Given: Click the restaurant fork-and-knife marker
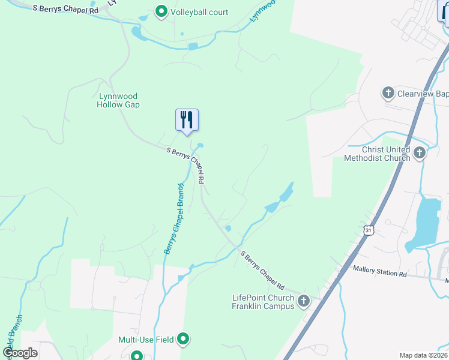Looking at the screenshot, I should tap(187, 119).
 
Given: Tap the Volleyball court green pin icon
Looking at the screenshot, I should tap(161, 11).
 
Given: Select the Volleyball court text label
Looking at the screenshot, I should tap(199, 12).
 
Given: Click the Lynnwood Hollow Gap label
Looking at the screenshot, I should tap(118, 100).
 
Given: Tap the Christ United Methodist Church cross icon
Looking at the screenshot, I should tap(420, 153).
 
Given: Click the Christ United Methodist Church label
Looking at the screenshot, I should tap(377, 154).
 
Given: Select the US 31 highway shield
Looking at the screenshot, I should tap(368, 230).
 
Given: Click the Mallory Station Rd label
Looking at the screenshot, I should tap(379, 272).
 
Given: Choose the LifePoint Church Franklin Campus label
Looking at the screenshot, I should tap(264, 302).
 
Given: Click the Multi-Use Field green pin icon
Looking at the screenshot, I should tap(184, 340).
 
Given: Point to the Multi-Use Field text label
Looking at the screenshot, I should tap(146, 340).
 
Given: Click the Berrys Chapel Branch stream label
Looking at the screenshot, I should tap(174, 217).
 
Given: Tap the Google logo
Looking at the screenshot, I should tap(20, 353).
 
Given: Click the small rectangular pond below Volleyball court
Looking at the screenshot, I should tap(193, 46).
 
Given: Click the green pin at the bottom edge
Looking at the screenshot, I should tap(137, 356).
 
